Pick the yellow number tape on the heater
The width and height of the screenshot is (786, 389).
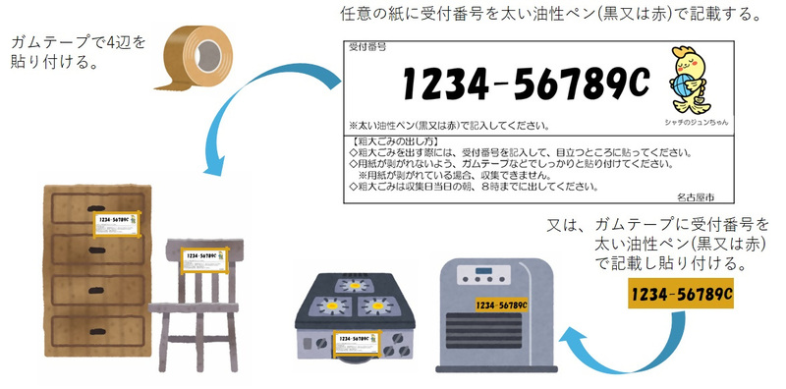click(498, 305)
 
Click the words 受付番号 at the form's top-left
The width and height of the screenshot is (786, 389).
click(366, 46)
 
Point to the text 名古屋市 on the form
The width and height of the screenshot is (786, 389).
click(696, 196)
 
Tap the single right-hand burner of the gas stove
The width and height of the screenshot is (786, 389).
click(374, 306)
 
